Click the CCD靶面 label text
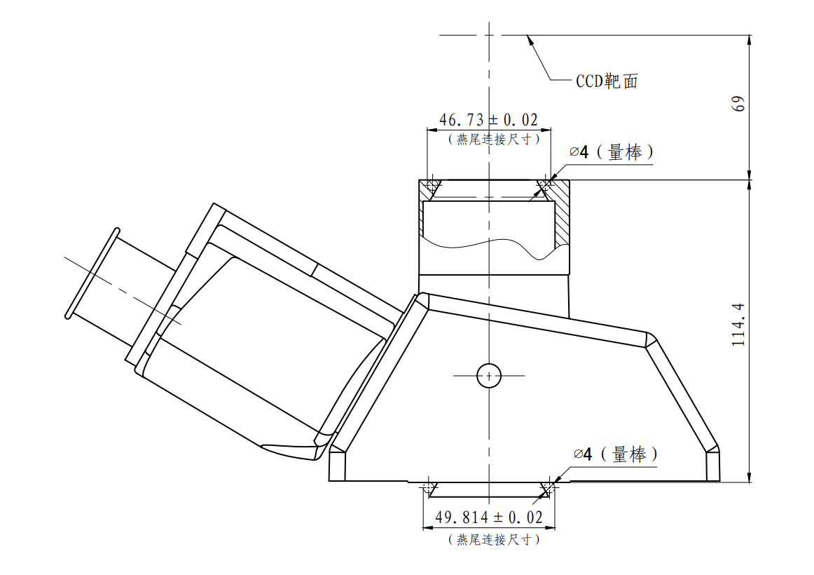[607, 81]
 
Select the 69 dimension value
[738, 103]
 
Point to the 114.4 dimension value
[738, 325]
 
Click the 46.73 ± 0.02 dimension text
[488, 120]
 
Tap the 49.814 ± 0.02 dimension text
[488, 517]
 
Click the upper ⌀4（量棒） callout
[611, 152]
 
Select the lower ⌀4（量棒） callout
[616, 454]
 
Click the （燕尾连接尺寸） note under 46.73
[494, 140]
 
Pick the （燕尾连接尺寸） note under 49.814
[494, 540]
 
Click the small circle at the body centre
[488, 375]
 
